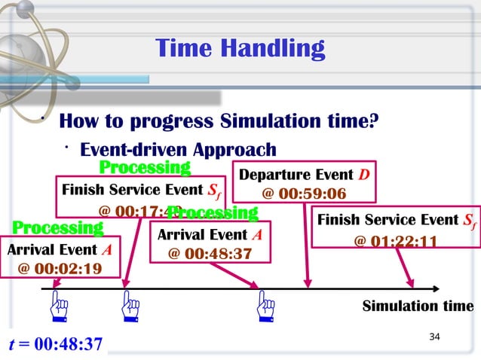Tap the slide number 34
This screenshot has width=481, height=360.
pyautogui.click(x=434, y=336)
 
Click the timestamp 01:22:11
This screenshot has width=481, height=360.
pyautogui.click(x=406, y=241)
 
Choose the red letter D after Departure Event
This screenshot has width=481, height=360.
pyautogui.click(x=363, y=175)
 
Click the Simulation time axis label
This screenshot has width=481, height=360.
pyautogui.click(x=418, y=306)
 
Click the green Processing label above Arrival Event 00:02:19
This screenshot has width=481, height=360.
pyautogui.click(x=57, y=227)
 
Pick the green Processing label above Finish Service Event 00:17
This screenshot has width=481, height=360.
pyautogui.click(x=145, y=166)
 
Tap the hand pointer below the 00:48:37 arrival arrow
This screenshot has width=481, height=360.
pyautogui.click(x=265, y=308)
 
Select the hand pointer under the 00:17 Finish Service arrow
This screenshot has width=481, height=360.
pyautogui.click(x=130, y=308)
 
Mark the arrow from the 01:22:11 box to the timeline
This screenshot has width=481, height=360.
pyautogui.click(x=399, y=267)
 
